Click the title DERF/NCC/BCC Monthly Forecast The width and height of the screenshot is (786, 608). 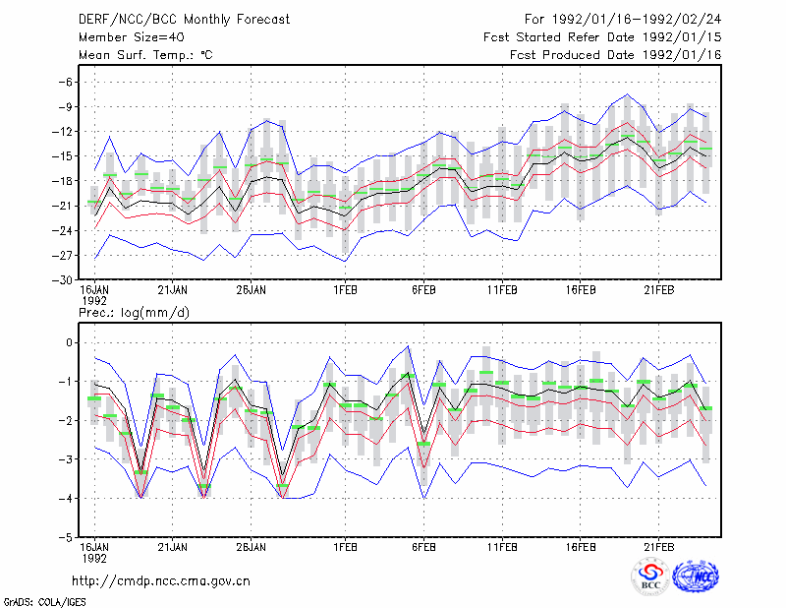click(x=184, y=20)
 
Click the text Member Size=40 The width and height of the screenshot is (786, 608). click(x=132, y=37)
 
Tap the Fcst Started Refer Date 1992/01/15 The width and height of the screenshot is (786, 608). click(x=602, y=37)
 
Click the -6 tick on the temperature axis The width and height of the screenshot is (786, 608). click(x=65, y=82)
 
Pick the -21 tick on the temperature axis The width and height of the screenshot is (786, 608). click(x=62, y=206)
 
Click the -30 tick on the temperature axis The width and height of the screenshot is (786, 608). click(x=62, y=280)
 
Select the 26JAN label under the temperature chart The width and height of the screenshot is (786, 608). click(x=252, y=290)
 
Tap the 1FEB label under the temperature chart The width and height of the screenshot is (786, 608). click(x=346, y=290)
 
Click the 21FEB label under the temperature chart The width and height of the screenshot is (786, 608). click(x=658, y=290)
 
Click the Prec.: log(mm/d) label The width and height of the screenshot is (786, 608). click(x=134, y=313)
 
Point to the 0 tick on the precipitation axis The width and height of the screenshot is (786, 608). click(x=70, y=343)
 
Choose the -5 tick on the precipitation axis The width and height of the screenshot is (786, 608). click(x=65, y=537)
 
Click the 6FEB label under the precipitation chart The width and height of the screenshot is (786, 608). click(x=423, y=547)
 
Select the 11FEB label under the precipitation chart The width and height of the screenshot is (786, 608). click(x=502, y=547)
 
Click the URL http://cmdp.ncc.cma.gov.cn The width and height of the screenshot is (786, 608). click(x=161, y=581)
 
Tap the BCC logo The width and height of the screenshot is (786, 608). click(x=650, y=578)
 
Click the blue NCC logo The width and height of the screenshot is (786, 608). click(x=696, y=577)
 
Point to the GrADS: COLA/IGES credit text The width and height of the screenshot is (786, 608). click(x=44, y=602)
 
